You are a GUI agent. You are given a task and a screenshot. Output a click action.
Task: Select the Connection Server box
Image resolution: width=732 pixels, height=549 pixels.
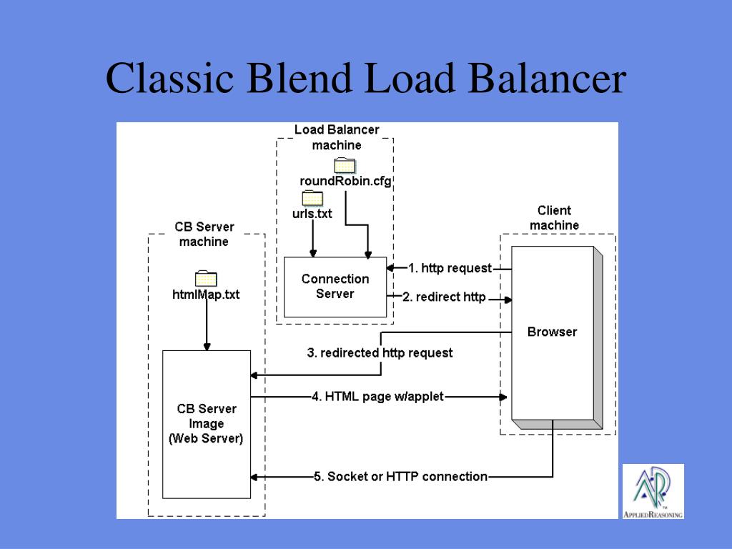tap(335, 287)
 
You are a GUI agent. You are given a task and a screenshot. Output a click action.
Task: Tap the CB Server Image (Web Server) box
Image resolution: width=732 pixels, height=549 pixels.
tap(206, 423)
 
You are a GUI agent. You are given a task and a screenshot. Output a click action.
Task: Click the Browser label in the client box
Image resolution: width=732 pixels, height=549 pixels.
tap(552, 332)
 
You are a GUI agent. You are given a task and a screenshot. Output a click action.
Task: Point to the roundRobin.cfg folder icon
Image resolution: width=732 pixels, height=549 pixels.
tap(345, 166)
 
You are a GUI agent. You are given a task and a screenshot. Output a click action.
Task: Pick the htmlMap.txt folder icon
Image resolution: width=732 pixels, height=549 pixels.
tap(206, 279)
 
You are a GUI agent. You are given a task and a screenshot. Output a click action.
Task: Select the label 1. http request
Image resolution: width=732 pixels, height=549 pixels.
tap(450, 268)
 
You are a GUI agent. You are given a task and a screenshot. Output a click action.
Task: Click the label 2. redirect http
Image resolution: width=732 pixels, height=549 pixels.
tap(444, 297)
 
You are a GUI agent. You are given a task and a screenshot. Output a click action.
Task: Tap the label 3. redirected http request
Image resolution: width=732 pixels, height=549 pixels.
tap(380, 352)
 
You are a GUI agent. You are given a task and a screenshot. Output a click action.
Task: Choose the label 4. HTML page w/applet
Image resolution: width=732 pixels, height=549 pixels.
tap(377, 397)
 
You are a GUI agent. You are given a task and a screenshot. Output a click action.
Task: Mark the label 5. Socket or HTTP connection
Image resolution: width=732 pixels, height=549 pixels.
tap(400, 476)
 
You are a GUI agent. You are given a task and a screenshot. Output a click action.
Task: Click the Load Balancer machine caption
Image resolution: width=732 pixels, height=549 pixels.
tap(337, 137)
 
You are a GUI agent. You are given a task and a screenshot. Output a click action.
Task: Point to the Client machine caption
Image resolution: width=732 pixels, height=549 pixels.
tap(554, 217)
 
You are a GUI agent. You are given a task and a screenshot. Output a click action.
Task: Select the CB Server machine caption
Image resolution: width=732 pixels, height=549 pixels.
tap(204, 234)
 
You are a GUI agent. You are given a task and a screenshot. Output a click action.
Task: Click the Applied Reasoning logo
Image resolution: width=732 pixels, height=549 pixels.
tap(653, 491)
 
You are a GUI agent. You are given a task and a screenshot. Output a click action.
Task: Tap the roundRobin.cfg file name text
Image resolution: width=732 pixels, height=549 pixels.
tap(345, 182)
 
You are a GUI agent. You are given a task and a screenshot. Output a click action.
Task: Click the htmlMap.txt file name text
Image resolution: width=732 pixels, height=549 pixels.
tap(206, 294)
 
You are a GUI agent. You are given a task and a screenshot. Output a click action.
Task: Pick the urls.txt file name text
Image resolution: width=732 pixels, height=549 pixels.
tap(312, 213)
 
